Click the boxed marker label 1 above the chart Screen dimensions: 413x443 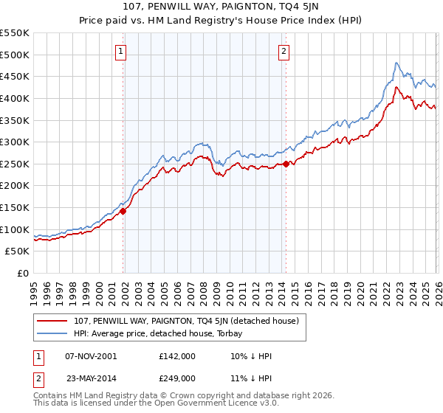click(x=120, y=51)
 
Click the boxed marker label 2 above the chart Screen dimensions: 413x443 click(x=284, y=51)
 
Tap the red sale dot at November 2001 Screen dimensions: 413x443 click(x=123, y=211)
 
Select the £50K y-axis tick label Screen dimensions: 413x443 click(x=18, y=251)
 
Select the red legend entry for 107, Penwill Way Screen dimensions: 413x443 click(x=185, y=321)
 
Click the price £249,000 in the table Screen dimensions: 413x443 click(x=177, y=378)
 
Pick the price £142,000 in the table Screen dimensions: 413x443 click(x=177, y=355)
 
